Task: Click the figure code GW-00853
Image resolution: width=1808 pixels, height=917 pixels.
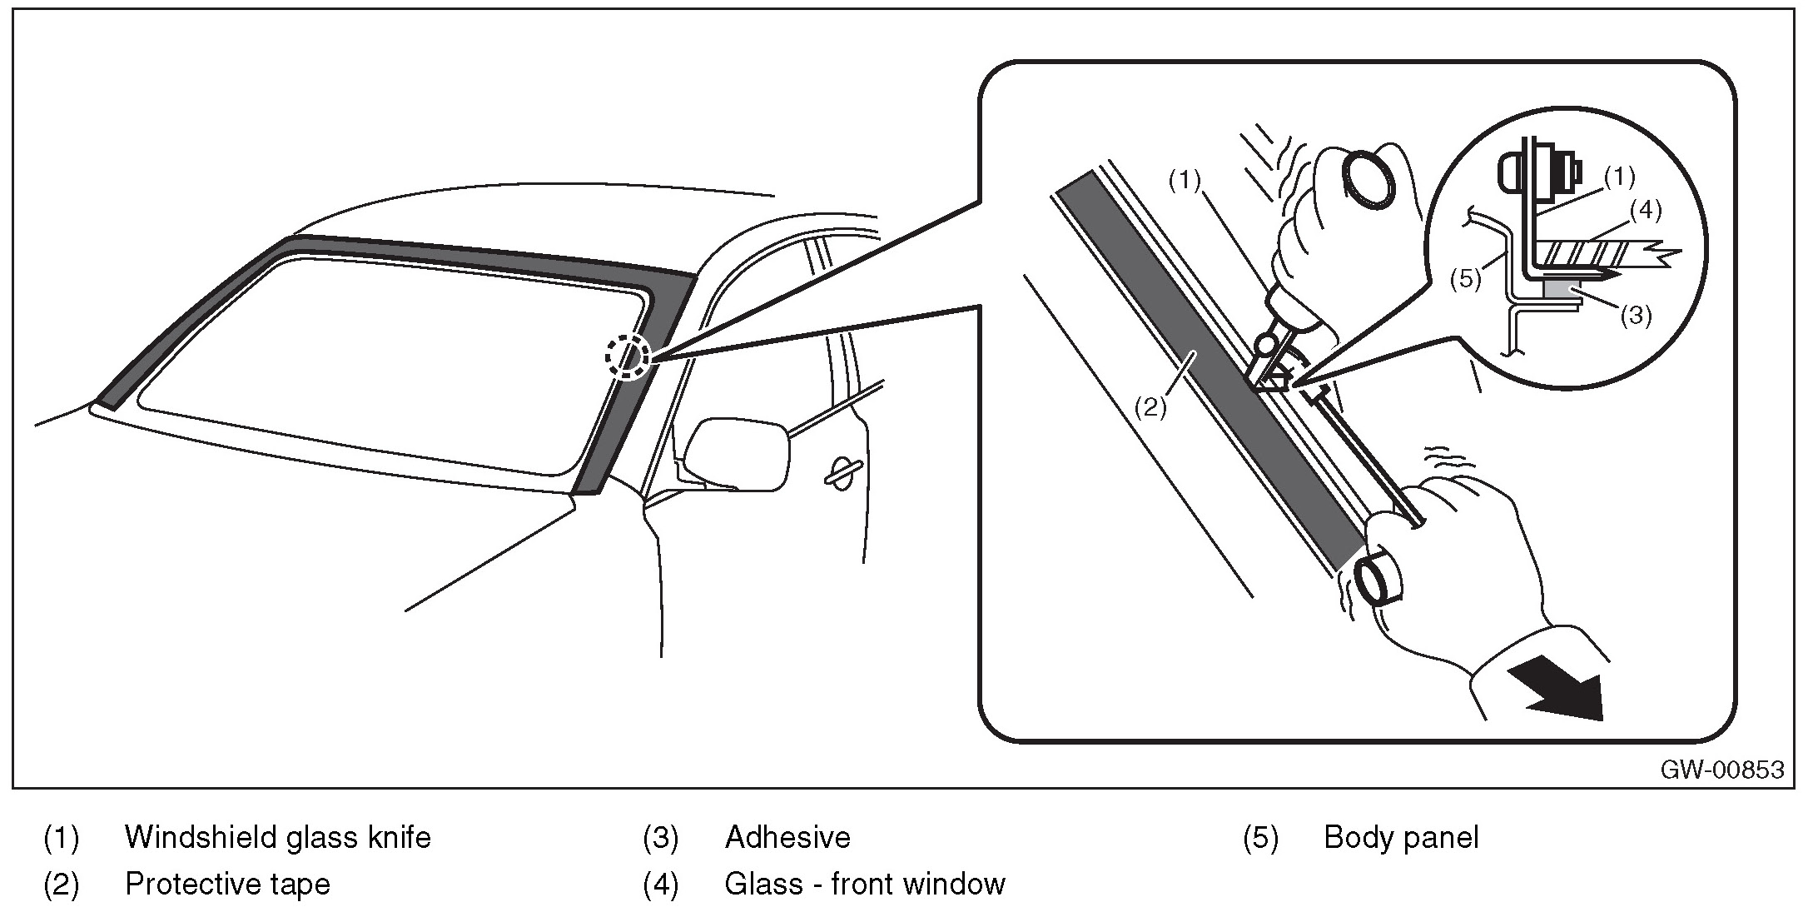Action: coord(1722,770)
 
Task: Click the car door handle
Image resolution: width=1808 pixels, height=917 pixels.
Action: coord(843,471)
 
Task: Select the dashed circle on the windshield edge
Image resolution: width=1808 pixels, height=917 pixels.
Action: coord(627,356)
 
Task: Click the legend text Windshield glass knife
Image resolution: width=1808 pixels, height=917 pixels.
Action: coord(278,837)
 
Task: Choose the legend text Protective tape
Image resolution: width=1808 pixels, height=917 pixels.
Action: coord(227,884)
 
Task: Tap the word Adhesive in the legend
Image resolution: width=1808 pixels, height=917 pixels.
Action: coord(787,837)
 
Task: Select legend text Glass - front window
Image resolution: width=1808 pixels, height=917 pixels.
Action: coord(865,884)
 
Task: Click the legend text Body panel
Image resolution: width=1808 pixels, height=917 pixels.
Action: coord(1401,837)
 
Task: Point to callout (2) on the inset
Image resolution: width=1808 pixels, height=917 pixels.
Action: coord(1150,407)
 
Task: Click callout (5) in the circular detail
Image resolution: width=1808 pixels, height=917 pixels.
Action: coord(1465,278)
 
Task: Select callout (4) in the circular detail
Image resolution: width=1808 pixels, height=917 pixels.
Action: coord(1646,212)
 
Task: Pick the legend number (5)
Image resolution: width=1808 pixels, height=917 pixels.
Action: coord(1260,837)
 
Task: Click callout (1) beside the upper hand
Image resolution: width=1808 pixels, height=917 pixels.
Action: coord(1185,181)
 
